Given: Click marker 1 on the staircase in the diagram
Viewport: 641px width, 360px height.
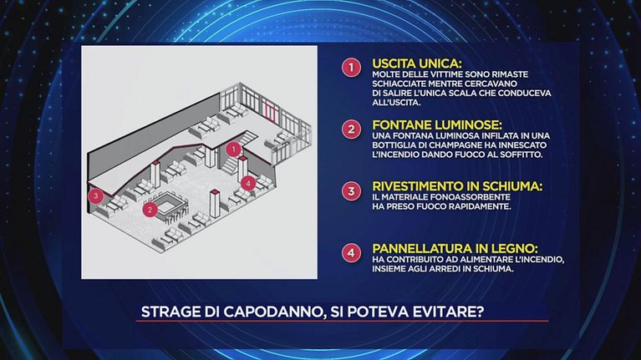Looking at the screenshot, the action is click(233, 150).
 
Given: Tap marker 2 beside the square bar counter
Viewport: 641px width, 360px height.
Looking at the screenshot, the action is click(150, 210).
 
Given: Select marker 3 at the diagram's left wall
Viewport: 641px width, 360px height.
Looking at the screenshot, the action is click(95, 195).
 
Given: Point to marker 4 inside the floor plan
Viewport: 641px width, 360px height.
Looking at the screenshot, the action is click(248, 183).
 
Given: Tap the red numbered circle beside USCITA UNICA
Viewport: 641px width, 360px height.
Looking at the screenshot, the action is click(351, 68).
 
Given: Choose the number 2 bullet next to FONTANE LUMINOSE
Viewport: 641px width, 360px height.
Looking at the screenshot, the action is click(351, 129).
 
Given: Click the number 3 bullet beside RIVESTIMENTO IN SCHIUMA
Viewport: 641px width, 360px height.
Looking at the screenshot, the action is click(351, 190).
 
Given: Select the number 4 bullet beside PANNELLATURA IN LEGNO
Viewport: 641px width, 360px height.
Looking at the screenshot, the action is click(351, 253).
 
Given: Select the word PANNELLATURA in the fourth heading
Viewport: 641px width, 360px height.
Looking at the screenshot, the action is click(418, 248).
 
